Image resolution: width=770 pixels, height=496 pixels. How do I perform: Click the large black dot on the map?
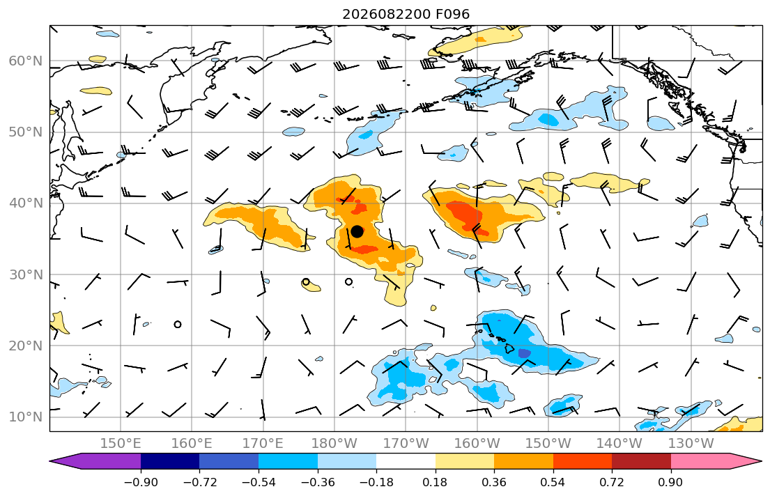pos(357,231)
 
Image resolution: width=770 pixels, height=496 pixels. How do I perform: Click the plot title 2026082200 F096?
pos(406,14)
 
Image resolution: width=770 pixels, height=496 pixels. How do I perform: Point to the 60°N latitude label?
pos(26,61)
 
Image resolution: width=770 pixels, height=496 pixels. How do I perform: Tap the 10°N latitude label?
pos(26,417)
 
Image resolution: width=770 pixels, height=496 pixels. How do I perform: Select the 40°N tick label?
pos(26,203)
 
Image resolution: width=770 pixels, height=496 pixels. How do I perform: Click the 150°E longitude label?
pos(121,444)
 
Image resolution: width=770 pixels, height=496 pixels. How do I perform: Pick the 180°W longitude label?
pos(334,444)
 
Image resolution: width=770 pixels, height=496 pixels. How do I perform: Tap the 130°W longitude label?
pos(691,444)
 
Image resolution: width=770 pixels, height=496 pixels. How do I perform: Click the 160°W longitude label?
pos(477,444)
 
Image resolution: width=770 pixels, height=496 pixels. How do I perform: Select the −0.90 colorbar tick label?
pos(141,482)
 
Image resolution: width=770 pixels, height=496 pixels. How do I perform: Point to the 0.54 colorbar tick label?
pos(553,482)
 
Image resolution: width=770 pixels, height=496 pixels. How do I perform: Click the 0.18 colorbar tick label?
pos(435,482)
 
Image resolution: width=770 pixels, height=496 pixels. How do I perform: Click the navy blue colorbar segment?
pos(170,461)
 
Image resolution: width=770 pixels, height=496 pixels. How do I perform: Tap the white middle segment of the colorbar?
pos(406,461)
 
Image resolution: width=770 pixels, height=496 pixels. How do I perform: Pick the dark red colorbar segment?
pos(641,461)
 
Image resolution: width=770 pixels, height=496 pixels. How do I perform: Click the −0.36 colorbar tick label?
pos(317,482)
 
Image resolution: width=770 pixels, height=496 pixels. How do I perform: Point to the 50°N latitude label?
pos(26,132)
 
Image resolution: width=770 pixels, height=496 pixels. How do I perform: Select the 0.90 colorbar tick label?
pos(671,482)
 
